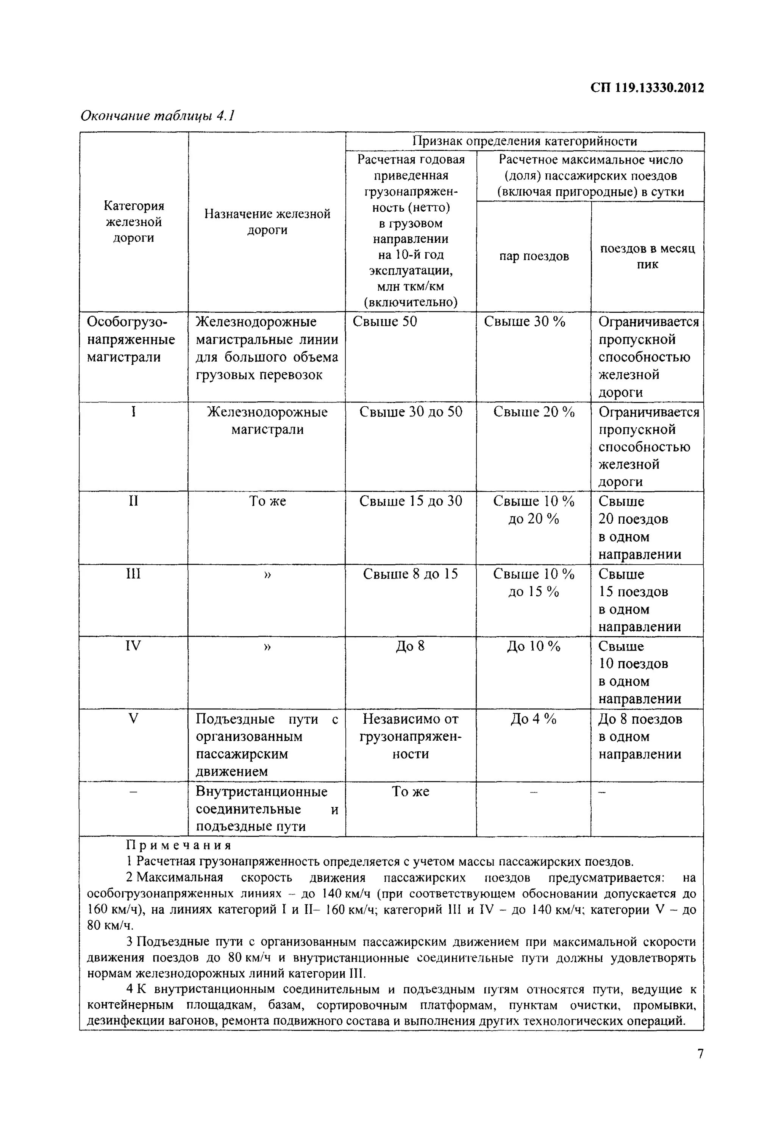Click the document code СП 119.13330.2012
point(647,88)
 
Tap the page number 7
point(700,1053)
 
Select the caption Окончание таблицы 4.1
point(158,116)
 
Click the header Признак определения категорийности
point(524,142)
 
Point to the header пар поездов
point(534,256)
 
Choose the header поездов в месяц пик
point(647,256)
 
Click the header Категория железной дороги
point(134,222)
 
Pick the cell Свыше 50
point(385,322)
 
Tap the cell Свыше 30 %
point(524,322)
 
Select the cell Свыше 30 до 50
point(411,412)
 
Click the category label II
point(133,501)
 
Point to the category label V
point(133,719)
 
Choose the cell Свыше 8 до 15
point(411,574)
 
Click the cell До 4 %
point(534,719)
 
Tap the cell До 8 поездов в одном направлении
point(640,736)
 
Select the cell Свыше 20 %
point(534,412)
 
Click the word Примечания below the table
point(179,845)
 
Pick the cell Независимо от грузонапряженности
point(411,736)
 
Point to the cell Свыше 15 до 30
point(411,501)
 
